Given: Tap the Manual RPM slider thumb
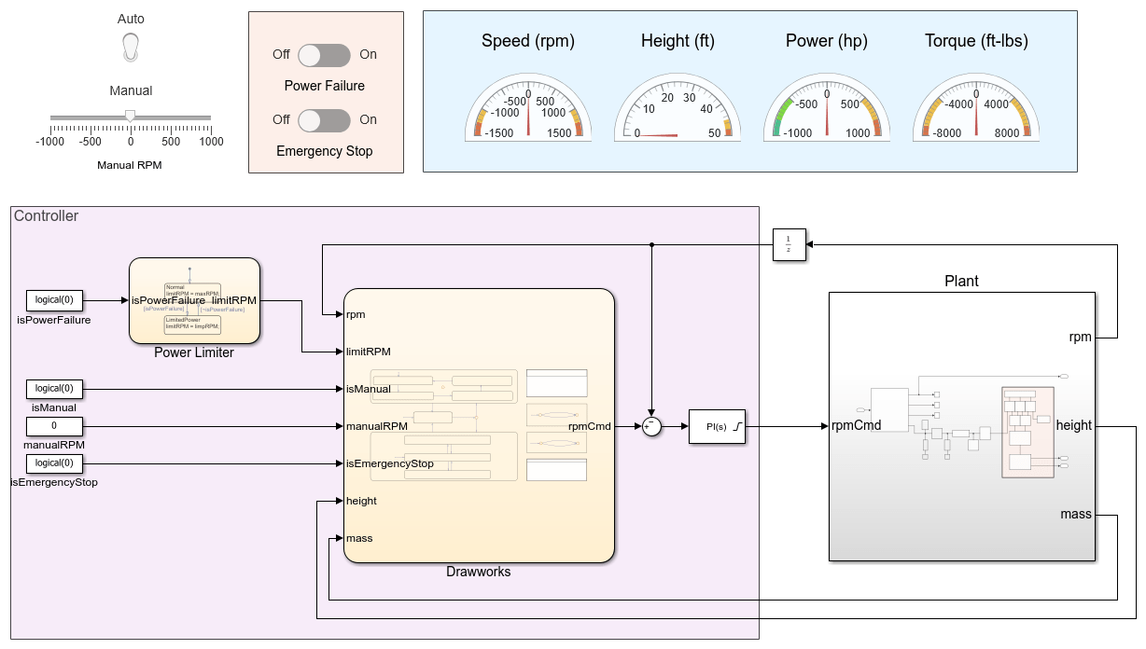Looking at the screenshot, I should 131,116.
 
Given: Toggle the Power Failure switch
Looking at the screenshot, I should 325,55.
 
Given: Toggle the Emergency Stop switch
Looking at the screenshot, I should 325,120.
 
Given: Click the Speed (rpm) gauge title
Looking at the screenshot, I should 528,41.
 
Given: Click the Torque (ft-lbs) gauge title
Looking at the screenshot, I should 977,41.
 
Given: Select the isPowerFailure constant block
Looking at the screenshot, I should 54,300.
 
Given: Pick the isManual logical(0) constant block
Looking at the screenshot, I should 54,389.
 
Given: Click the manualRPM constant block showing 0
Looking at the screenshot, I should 54,426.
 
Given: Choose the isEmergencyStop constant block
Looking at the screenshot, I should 54,463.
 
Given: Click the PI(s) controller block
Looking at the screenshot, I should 717,426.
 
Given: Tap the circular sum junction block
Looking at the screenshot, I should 651,426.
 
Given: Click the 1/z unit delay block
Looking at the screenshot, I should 789,245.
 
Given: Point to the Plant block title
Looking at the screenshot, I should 961,281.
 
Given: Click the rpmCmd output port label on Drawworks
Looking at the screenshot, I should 590,426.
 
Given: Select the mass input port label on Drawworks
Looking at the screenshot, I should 359,538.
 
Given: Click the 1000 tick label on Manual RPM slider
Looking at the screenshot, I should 211,142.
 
